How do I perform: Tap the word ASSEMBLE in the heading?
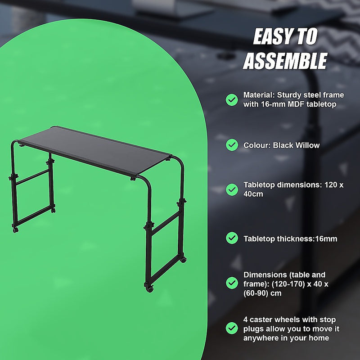click(x=285, y=61)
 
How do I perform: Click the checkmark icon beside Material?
click(x=232, y=100)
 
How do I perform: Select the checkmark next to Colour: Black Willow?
click(x=232, y=145)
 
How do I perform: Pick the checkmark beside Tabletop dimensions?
click(x=232, y=189)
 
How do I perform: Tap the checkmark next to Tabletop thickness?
click(x=232, y=238)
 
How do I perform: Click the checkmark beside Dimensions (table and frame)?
click(x=232, y=283)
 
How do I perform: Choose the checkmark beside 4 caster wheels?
click(x=232, y=328)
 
